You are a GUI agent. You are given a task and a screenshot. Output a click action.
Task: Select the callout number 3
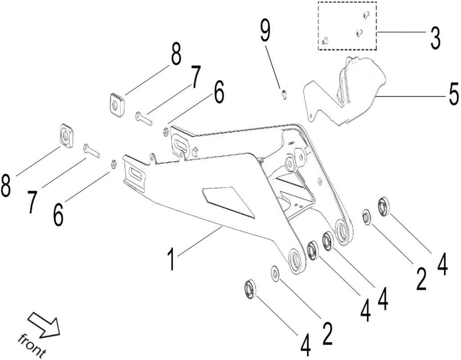pos(434,38)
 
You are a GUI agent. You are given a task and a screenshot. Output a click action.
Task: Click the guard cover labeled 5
pos(355,92)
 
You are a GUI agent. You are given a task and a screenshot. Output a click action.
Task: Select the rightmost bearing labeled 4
pos(385,206)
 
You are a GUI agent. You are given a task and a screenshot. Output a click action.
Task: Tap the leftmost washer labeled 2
pos(275,273)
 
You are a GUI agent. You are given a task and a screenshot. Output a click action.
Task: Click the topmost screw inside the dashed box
pos(365,14)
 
